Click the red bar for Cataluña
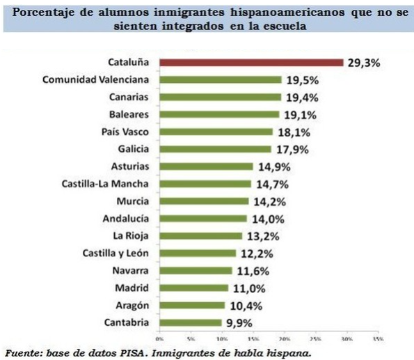[x=251, y=62]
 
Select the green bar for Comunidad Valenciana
[x=220, y=79]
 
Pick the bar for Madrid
[x=193, y=288]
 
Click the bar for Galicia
[x=215, y=149]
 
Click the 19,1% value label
[x=298, y=114]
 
